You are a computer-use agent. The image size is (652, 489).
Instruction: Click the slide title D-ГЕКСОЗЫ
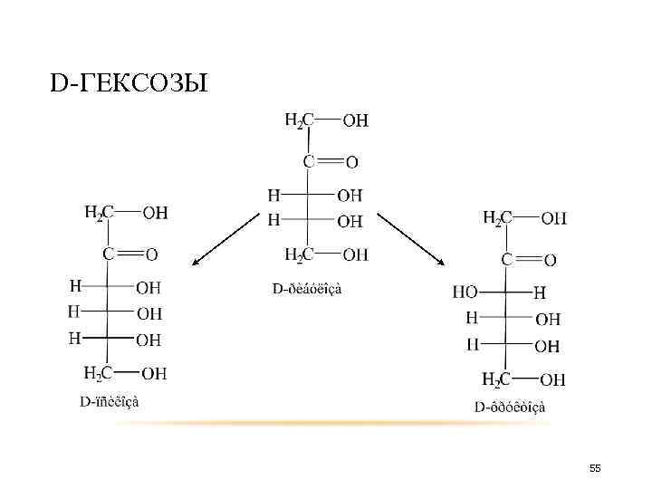(129, 84)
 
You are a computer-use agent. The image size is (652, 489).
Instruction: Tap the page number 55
(595, 467)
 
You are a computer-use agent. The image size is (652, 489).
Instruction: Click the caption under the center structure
(308, 288)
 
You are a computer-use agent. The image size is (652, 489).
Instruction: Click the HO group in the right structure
(465, 292)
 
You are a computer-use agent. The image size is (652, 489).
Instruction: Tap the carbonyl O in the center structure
(352, 162)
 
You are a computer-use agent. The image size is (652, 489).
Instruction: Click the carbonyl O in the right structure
(551, 261)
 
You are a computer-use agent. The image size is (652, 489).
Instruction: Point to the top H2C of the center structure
(299, 119)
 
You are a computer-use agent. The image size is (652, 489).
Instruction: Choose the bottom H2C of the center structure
(299, 254)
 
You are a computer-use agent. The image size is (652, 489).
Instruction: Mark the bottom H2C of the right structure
(497, 379)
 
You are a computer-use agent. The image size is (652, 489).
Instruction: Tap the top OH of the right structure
(553, 218)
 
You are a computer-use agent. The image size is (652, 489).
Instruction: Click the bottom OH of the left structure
(154, 373)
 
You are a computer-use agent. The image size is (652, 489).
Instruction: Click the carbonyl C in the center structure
(309, 161)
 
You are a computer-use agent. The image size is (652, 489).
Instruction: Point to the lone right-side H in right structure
(541, 292)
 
